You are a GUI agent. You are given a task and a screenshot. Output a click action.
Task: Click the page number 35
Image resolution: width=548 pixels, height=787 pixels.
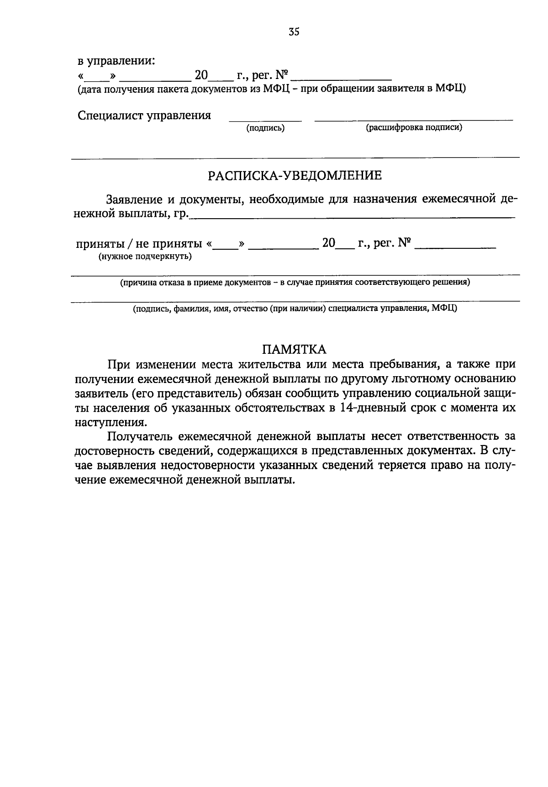point(294,32)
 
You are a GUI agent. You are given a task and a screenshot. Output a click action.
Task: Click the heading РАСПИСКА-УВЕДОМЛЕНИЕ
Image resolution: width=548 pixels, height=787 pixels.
point(295,176)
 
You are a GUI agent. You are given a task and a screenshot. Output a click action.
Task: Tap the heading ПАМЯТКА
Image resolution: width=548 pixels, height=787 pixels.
point(294,350)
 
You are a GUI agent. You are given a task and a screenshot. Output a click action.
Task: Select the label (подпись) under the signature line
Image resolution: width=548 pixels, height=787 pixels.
point(265,129)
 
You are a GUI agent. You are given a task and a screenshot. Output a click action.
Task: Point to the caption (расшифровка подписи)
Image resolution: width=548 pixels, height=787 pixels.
point(414,128)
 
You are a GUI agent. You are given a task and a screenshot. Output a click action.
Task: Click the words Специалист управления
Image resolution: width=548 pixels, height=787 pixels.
point(144,115)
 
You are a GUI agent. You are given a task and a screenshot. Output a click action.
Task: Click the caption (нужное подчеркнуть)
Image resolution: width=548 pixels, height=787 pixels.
point(145,257)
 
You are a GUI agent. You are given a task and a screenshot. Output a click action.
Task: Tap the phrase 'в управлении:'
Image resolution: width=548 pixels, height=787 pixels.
point(116,60)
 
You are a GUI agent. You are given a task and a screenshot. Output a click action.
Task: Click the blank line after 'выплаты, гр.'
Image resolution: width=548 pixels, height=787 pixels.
point(352,217)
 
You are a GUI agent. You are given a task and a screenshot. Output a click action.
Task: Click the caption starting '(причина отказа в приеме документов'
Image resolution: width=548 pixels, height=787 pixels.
point(295,283)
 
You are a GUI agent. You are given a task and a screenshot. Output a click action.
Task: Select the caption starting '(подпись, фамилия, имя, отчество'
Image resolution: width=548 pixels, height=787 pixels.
point(295,309)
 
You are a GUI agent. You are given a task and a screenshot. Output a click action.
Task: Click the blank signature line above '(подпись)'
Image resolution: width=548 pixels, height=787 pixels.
point(265,120)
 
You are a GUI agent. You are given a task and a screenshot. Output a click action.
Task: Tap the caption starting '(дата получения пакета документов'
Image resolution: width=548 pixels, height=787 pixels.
point(271,89)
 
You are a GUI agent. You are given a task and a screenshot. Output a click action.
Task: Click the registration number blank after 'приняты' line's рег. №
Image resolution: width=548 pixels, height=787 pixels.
point(457,247)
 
